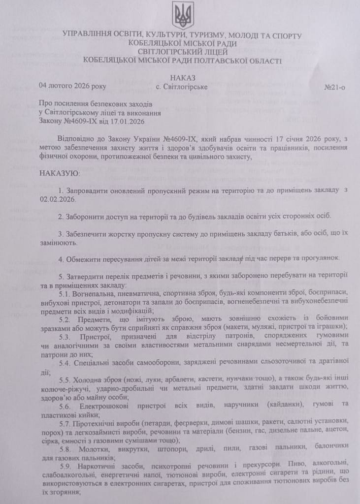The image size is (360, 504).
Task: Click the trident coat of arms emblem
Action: click(182, 15)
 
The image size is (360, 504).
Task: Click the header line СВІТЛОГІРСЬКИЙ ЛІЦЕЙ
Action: click(182, 51)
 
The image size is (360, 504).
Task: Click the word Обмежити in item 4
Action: click(85, 259)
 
